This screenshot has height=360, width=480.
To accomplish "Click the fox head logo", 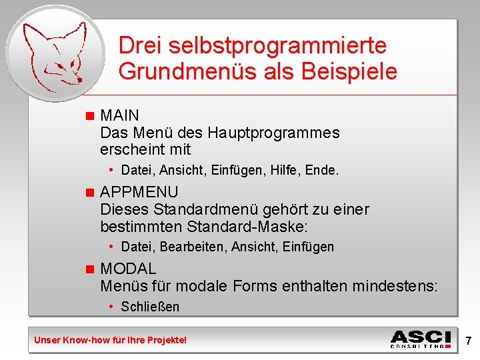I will (x=55, y=53).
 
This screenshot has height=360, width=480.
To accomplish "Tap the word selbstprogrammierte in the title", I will (x=277, y=46).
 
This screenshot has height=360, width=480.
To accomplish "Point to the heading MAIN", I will (x=119, y=116).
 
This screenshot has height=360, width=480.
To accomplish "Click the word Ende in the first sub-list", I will (x=321, y=171).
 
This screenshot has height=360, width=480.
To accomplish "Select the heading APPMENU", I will (x=139, y=193).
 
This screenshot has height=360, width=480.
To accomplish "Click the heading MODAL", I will (x=128, y=269).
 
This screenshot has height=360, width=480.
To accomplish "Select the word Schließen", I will (x=150, y=307).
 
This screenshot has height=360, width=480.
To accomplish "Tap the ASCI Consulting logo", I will (x=420, y=339).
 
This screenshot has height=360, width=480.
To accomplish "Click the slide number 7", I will (x=469, y=341).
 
